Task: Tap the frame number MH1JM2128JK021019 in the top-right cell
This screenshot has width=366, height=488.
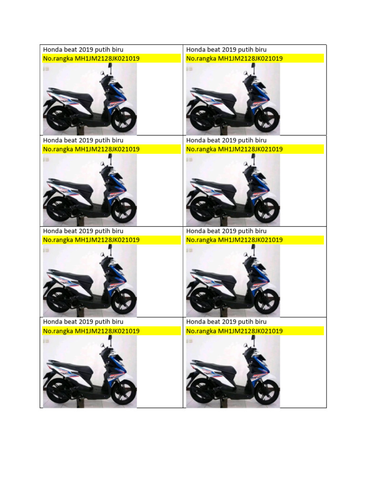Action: [x=250, y=59]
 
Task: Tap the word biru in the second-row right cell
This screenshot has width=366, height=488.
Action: [x=260, y=140]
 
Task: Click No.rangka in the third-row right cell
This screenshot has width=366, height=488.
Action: [x=201, y=240]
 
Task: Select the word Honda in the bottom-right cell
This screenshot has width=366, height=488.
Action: [x=195, y=322]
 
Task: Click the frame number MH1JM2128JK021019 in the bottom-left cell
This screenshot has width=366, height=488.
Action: [x=107, y=331]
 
